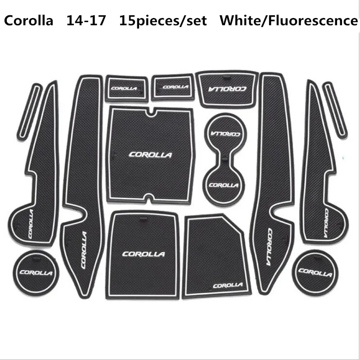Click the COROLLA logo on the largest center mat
150,155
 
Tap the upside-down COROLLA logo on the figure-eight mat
225,133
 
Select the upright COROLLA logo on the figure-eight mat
224,184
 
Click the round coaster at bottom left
36,271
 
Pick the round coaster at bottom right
315,272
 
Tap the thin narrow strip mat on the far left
28,111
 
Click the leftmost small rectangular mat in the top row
126,88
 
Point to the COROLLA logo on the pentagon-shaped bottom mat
227,285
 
